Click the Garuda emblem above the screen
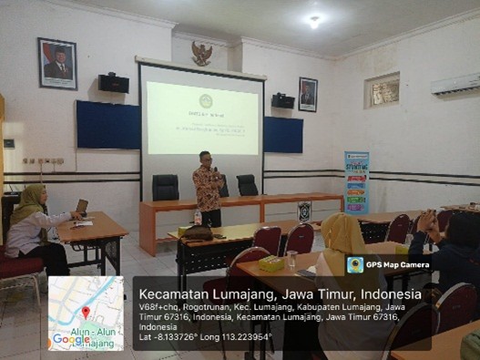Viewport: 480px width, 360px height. coord(202,53)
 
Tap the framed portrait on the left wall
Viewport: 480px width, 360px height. coord(57,63)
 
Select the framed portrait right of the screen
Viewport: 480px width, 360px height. coord(308,94)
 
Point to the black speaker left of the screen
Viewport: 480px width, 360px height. coord(114,83)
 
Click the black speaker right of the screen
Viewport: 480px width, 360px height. coord(283,100)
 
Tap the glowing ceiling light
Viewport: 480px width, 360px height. coord(313,21)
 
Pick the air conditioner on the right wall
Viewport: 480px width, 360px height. coord(454,84)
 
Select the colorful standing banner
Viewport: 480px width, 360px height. coord(356,182)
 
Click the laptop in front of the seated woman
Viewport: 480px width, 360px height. coord(82,208)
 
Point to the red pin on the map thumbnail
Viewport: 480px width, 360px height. coord(86,313)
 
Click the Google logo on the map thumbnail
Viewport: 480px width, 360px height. coord(70,339)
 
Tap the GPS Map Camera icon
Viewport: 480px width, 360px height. coord(355,264)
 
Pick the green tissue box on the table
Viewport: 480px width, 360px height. coord(270,262)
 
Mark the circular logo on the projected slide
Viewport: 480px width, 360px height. coord(206,100)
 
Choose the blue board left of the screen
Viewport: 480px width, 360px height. coord(107,125)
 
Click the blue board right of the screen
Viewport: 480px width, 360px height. coord(283,134)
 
